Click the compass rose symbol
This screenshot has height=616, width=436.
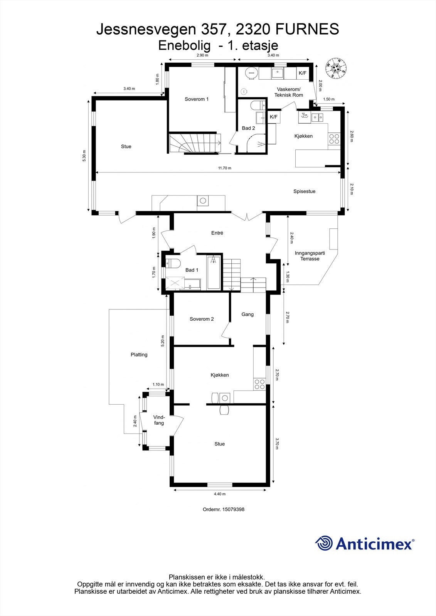tap(336, 68)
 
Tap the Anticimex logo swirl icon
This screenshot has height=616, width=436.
tap(324, 543)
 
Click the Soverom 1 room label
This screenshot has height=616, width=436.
tap(196, 99)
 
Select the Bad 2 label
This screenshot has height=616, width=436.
tap(248, 128)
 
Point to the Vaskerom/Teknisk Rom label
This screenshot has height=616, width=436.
tap(289, 92)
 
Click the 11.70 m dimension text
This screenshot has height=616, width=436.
tap(225, 168)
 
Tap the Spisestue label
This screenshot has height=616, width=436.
tap(304, 191)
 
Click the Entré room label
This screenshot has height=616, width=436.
tap(217, 233)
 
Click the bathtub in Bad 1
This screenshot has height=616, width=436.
tap(214, 272)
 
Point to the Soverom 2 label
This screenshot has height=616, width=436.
tap(202, 319)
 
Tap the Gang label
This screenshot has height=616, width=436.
tap(247, 314)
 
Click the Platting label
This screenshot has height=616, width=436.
tap(139, 355)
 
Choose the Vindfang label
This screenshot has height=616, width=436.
tap(159, 420)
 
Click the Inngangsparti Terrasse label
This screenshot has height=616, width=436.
tap(310, 256)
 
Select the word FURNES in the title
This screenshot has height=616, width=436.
tap(307, 29)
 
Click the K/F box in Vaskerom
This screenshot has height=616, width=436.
tap(302, 73)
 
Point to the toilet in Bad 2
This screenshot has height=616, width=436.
tap(258, 105)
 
